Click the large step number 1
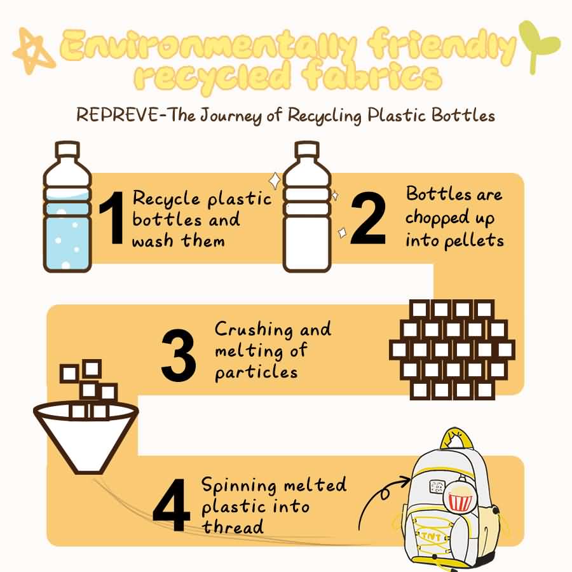point(112,218)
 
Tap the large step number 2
point(368,218)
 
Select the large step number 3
point(179,355)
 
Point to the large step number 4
point(172,506)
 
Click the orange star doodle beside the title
point(34,50)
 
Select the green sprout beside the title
point(538,46)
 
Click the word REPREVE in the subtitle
point(116,115)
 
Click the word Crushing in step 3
point(254,330)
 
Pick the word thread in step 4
point(233,527)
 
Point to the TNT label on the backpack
point(431,536)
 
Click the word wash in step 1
point(153,242)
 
